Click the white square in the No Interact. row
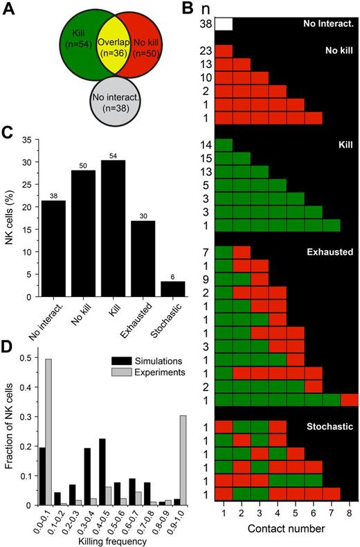coord(224,24)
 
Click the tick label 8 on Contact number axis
coord(350,511)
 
